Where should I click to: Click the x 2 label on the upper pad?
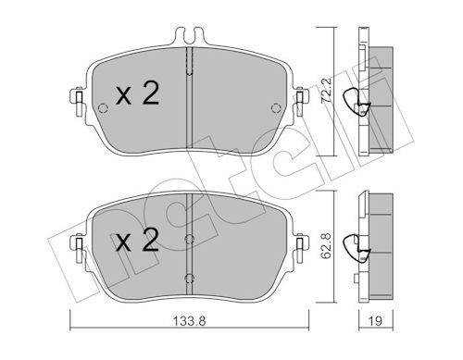pyautogui.click(x=136, y=93)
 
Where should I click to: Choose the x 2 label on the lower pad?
pyautogui.click(x=136, y=243)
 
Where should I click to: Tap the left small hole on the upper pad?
pyautogui.click(x=102, y=106)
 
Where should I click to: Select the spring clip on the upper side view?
pyautogui.click(x=352, y=100)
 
